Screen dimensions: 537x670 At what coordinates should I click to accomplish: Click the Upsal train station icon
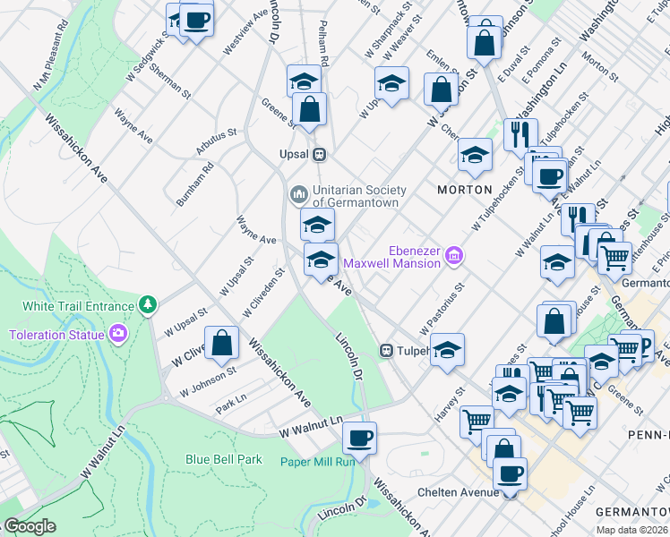(x=318, y=154)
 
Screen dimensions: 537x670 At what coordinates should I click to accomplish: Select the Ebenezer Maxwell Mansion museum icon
(x=454, y=257)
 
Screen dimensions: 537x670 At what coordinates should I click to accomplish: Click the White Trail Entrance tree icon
(x=147, y=305)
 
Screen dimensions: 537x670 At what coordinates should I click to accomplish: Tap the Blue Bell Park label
(x=223, y=459)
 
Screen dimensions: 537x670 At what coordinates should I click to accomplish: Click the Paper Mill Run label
(x=317, y=461)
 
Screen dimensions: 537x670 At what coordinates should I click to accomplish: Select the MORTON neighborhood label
(x=464, y=190)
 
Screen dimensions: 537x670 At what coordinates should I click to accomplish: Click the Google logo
(x=29, y=526)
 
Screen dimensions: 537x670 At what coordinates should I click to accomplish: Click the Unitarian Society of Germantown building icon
(x=298, y=193)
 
